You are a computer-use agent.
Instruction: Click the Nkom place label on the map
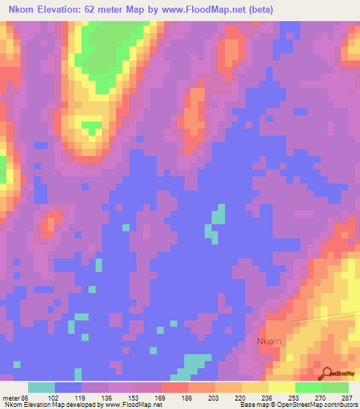coord(269,342)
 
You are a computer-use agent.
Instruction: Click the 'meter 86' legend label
coord(16,398)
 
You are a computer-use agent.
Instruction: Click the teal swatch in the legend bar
coord(41,387)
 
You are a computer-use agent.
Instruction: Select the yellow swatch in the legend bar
coord(282,387)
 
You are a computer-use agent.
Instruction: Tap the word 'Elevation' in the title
coord(65,10)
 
